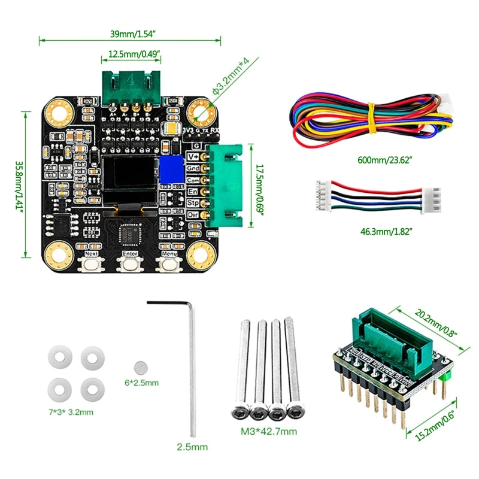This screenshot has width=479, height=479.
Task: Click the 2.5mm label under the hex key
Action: [192, 446]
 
